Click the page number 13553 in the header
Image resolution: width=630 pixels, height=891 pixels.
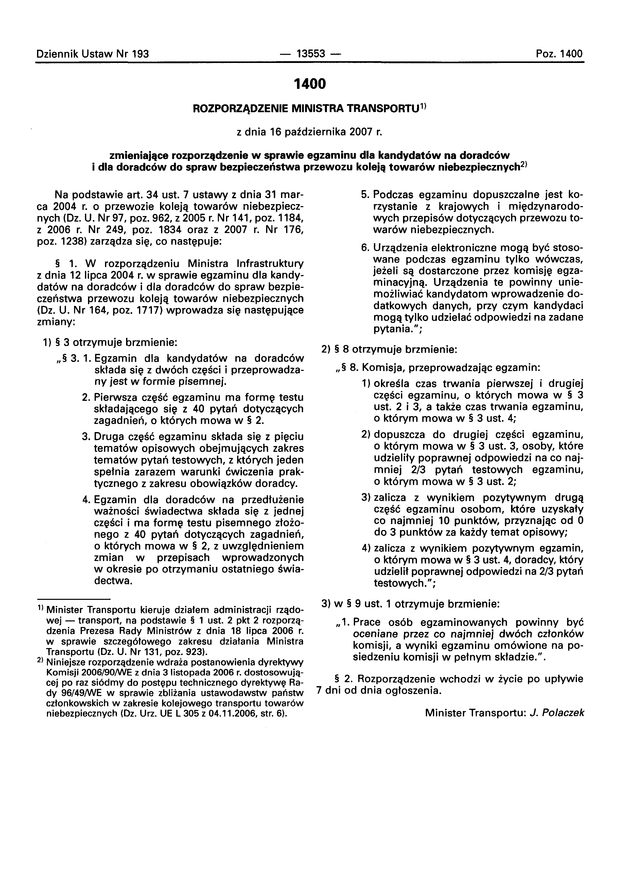[x=310, y=54]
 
